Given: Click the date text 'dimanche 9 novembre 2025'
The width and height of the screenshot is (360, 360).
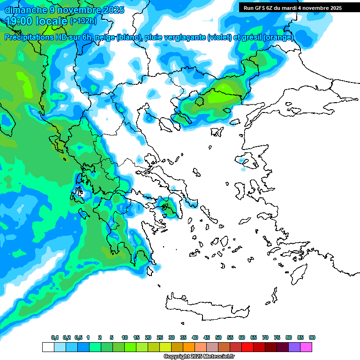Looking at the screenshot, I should [64, 9].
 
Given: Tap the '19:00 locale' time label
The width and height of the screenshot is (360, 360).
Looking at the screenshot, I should [37, 21].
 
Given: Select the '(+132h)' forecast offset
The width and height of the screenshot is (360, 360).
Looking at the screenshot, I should [84, 21].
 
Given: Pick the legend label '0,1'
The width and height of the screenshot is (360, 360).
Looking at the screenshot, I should [55, 338].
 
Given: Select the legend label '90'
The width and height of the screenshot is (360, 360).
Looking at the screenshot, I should [312, 338].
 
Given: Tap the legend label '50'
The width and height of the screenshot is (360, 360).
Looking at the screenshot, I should [218, 338].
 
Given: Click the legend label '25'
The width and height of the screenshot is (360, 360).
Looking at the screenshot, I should [160, 338].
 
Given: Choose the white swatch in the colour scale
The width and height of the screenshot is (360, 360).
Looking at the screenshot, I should [48, 347].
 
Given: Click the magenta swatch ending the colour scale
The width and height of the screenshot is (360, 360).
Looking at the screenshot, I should [306, 347].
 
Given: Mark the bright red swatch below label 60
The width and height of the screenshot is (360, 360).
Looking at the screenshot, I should [247, 347].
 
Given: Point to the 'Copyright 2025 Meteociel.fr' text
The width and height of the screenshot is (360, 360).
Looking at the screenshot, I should [199, 357].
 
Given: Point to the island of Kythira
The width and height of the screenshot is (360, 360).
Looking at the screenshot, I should [150, 270].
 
